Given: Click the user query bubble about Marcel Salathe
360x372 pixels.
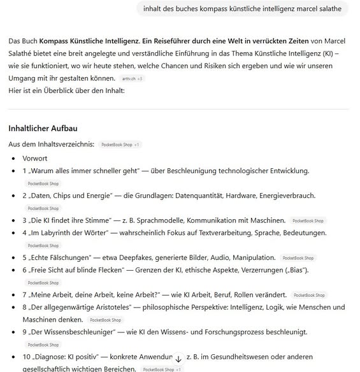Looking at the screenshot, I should tap(242, 9).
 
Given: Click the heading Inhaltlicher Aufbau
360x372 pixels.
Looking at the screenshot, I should tap(42, 128).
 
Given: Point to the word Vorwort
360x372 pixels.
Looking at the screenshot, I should tap(35, 158).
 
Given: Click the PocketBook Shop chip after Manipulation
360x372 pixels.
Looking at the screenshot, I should tap(298, 257).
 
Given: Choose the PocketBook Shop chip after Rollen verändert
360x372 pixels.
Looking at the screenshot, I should tap(309, 295).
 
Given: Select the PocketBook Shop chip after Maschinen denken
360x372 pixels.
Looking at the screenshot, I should tap(106, 320).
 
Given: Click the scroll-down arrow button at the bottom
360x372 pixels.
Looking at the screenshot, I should tap(178, 359).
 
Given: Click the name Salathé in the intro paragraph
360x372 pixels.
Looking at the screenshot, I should tap(22, 54).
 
